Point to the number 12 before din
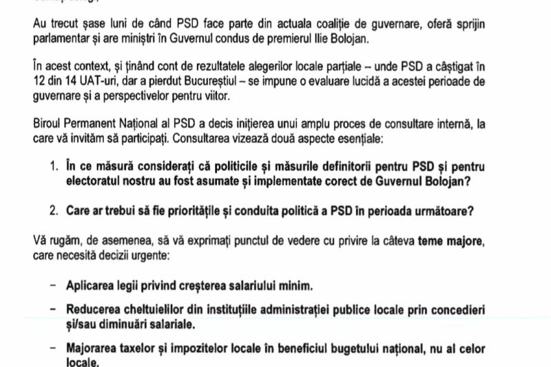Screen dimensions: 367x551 pos(39,81)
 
